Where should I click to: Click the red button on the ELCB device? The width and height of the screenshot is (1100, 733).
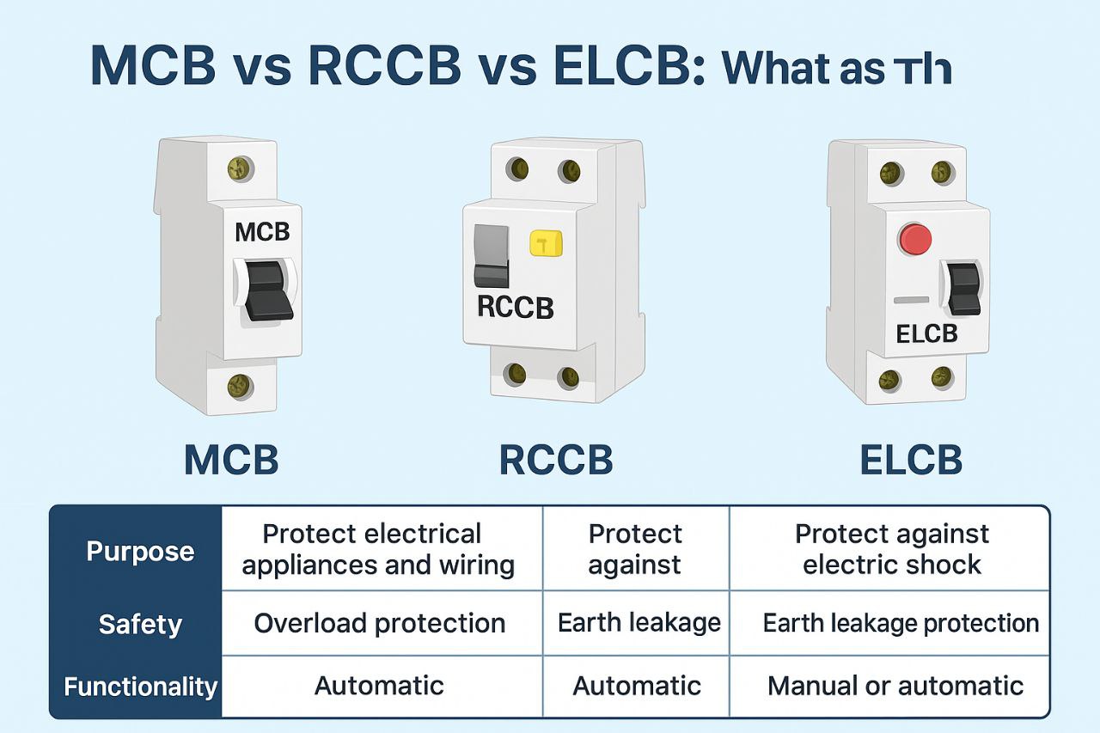coord(915,238)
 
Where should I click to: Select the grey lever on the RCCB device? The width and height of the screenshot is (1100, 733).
coord(492,256)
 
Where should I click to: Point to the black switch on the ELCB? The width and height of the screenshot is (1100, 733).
coord(963,287)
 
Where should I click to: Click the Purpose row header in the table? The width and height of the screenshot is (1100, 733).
coord(140,551)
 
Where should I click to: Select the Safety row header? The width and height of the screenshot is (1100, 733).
coord(140,624)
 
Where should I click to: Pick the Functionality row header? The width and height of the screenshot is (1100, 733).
coord(140,687)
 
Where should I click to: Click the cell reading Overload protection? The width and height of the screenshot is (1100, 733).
coord(379,623)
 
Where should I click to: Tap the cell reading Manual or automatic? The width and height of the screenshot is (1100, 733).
coord(895,686)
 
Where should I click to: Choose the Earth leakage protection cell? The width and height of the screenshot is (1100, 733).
coord(901,623)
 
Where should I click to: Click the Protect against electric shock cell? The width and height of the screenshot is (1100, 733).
coord(891,549)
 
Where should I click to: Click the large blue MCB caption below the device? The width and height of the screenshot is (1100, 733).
coord(231,461)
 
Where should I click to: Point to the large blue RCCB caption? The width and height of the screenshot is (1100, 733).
coord(556,461)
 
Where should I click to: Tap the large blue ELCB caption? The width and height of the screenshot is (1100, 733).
coord(910,461)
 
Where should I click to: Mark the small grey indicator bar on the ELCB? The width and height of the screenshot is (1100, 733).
coord(910,300)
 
